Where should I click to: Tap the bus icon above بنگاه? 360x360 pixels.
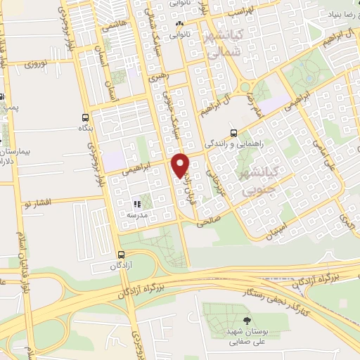85,118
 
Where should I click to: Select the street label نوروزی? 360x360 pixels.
35,64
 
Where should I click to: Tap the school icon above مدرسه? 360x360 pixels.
137,204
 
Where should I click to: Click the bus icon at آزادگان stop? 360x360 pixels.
122,255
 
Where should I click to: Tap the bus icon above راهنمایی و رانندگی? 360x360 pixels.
233,131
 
